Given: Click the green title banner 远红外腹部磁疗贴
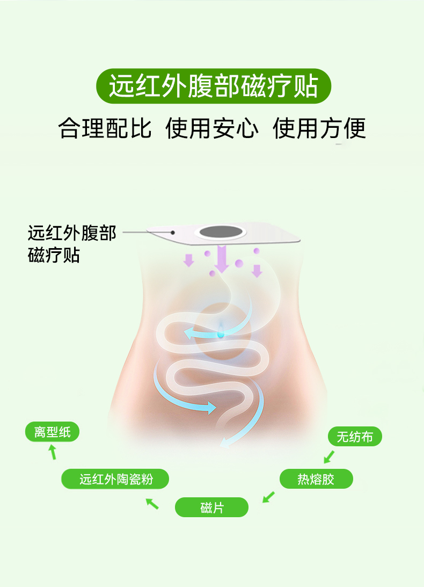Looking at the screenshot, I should click(213, 86).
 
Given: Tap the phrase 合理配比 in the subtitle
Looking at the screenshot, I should click(105, 129).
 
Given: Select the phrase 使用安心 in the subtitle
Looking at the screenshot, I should click(212, 129).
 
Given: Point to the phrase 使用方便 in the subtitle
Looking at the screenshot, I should click(319, 129).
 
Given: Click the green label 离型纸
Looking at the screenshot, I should click(52, 432).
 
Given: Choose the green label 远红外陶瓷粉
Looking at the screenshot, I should click(115, 479).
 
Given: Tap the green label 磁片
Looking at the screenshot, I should click(212, 507).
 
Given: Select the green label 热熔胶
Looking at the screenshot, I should click(316, 479).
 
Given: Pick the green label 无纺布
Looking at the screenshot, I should click(355, 437).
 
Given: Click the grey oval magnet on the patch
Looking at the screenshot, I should click(221, 233).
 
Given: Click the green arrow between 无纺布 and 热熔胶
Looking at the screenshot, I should click(328, 457).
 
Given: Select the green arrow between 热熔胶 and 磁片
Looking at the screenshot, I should click(268, 497).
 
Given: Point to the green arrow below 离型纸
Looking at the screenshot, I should click(53, 452).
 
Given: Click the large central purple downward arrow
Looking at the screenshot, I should click(222, 258).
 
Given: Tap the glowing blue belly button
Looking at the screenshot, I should click(221, 333).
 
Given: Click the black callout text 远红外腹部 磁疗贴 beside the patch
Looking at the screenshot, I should click(71, 244).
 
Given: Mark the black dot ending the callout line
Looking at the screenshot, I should click(173, 233).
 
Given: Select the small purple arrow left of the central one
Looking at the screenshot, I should click(188, 260).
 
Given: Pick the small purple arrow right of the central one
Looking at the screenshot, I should click(257, 270).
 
